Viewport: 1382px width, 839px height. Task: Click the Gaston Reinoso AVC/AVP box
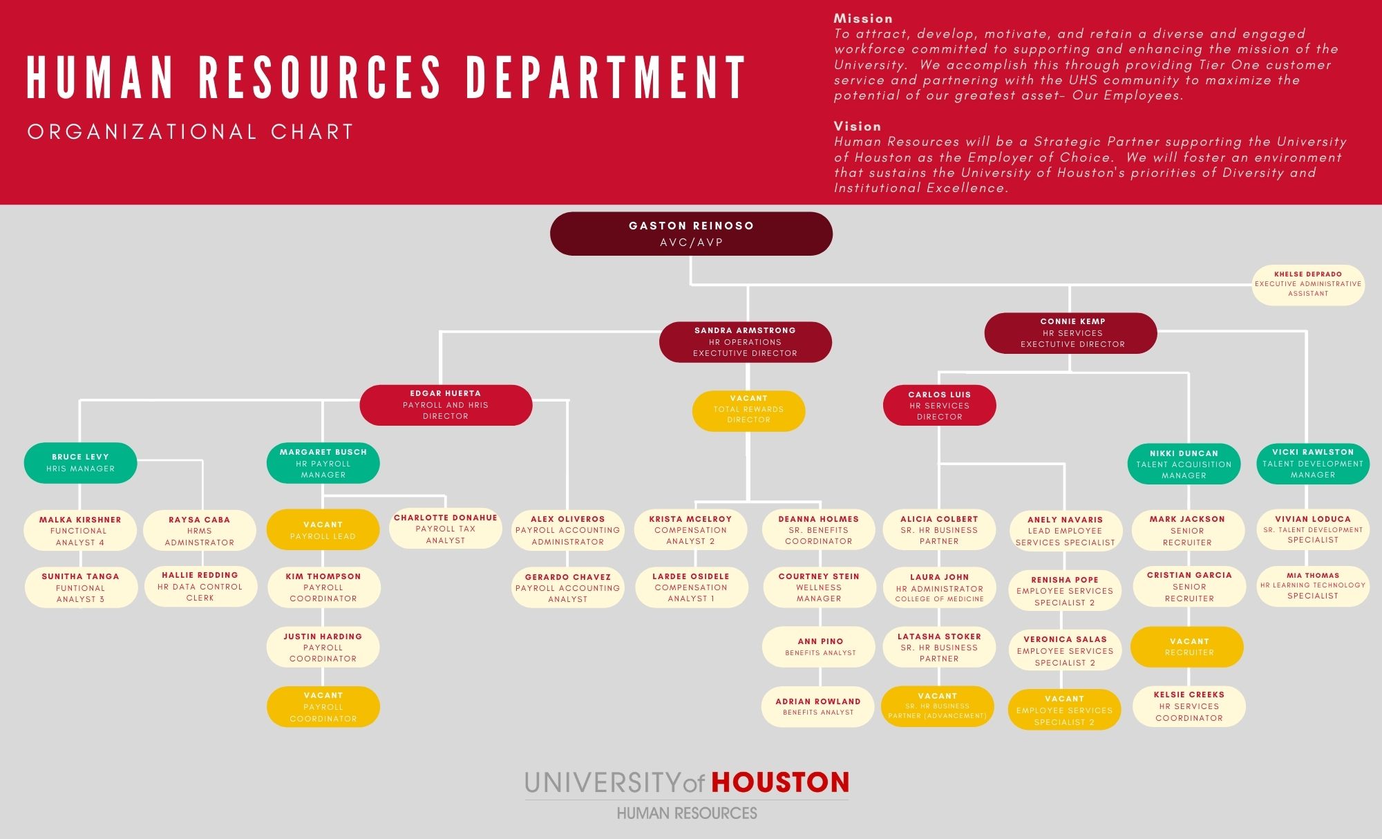pyautogui.click(x=691, y=234)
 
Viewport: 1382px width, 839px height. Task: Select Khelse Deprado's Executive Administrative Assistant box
pyautogui.click(x=1308, y=284)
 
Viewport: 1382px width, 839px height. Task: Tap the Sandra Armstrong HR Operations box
pyautogui.click(x=745, y=342)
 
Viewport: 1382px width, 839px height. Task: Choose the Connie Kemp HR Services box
pyautogui.click(x=1070, y=333)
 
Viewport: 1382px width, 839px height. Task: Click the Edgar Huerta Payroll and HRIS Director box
pyautogui.click(x=446, y=405)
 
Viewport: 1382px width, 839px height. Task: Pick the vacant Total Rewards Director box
pyautogui.click(x=748, y=411)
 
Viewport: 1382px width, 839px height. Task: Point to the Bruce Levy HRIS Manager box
pyautogui.click(x=80, y=462)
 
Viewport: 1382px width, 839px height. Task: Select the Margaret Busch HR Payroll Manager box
pyautogui.click(x=323, y=463)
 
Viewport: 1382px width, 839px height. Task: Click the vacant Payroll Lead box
pyautogui.click(x=323, y=530)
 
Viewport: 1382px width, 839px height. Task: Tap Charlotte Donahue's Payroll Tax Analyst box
pyautogui.click(x=446, y=529)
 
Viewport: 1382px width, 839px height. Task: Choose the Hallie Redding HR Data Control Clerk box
pyautogui.click(x=200, y=586)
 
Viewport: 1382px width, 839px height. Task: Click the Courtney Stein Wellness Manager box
pyautogui.click(x=819, y=587)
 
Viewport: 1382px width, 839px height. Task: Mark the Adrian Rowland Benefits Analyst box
pyautogui.click(x=818, y=706)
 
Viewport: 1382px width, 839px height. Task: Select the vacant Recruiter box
pyautogui.click(x=1187, y=647)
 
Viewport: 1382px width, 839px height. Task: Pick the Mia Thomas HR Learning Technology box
pyautogui.click(x=1313, y=586)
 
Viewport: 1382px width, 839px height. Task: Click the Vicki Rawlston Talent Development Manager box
pyautogui.click(x=1313, y=463)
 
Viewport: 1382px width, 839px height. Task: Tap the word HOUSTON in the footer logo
pyautogui.click(x=780, y=782)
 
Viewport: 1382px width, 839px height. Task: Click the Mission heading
pyautogui.click(x=863, y=19)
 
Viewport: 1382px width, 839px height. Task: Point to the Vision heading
pyautogui.click(x=858, y=126)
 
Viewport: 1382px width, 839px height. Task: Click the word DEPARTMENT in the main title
pyautogui.click(x=606, y=77)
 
